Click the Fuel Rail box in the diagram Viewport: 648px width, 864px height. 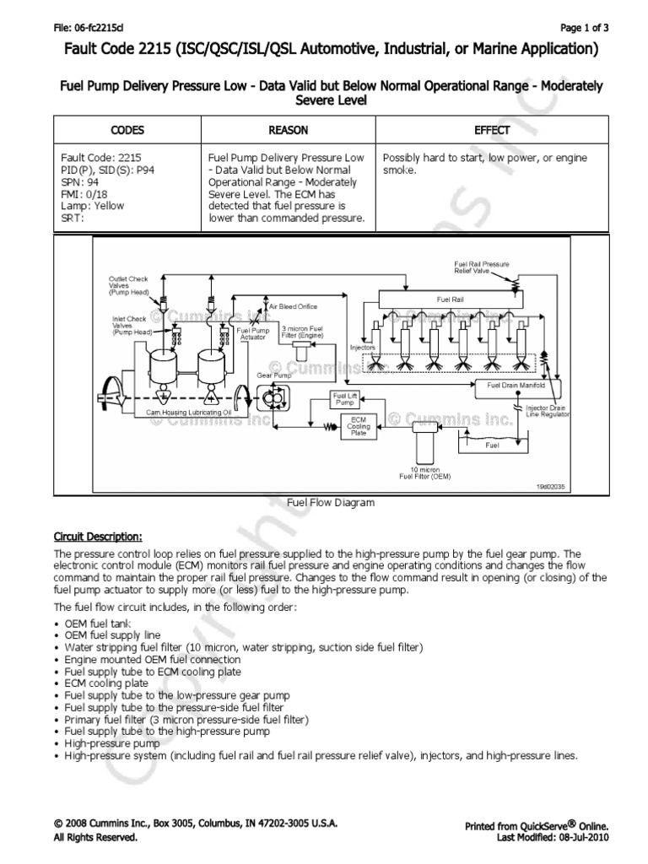pyautogui.click(x=445, y=299)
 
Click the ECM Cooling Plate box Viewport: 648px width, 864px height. pyautogui.click(x=358, y=424)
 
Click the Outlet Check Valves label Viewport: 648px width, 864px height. pyautogui.click(x=128, y=283)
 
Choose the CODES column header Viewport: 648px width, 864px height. pyautogui.click(x=127, y=130)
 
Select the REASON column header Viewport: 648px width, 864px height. pyautogui.click(x=288, y=130)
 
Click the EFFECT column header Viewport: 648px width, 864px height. pyautogui.click(x=492, y=130)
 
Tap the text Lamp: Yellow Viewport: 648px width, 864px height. pyautogui.click(x=92, y=205)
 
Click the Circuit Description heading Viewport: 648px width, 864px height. pyautogui.click(x=98, y=536)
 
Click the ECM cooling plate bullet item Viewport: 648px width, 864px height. pyautogui.click(x=106, y=683)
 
